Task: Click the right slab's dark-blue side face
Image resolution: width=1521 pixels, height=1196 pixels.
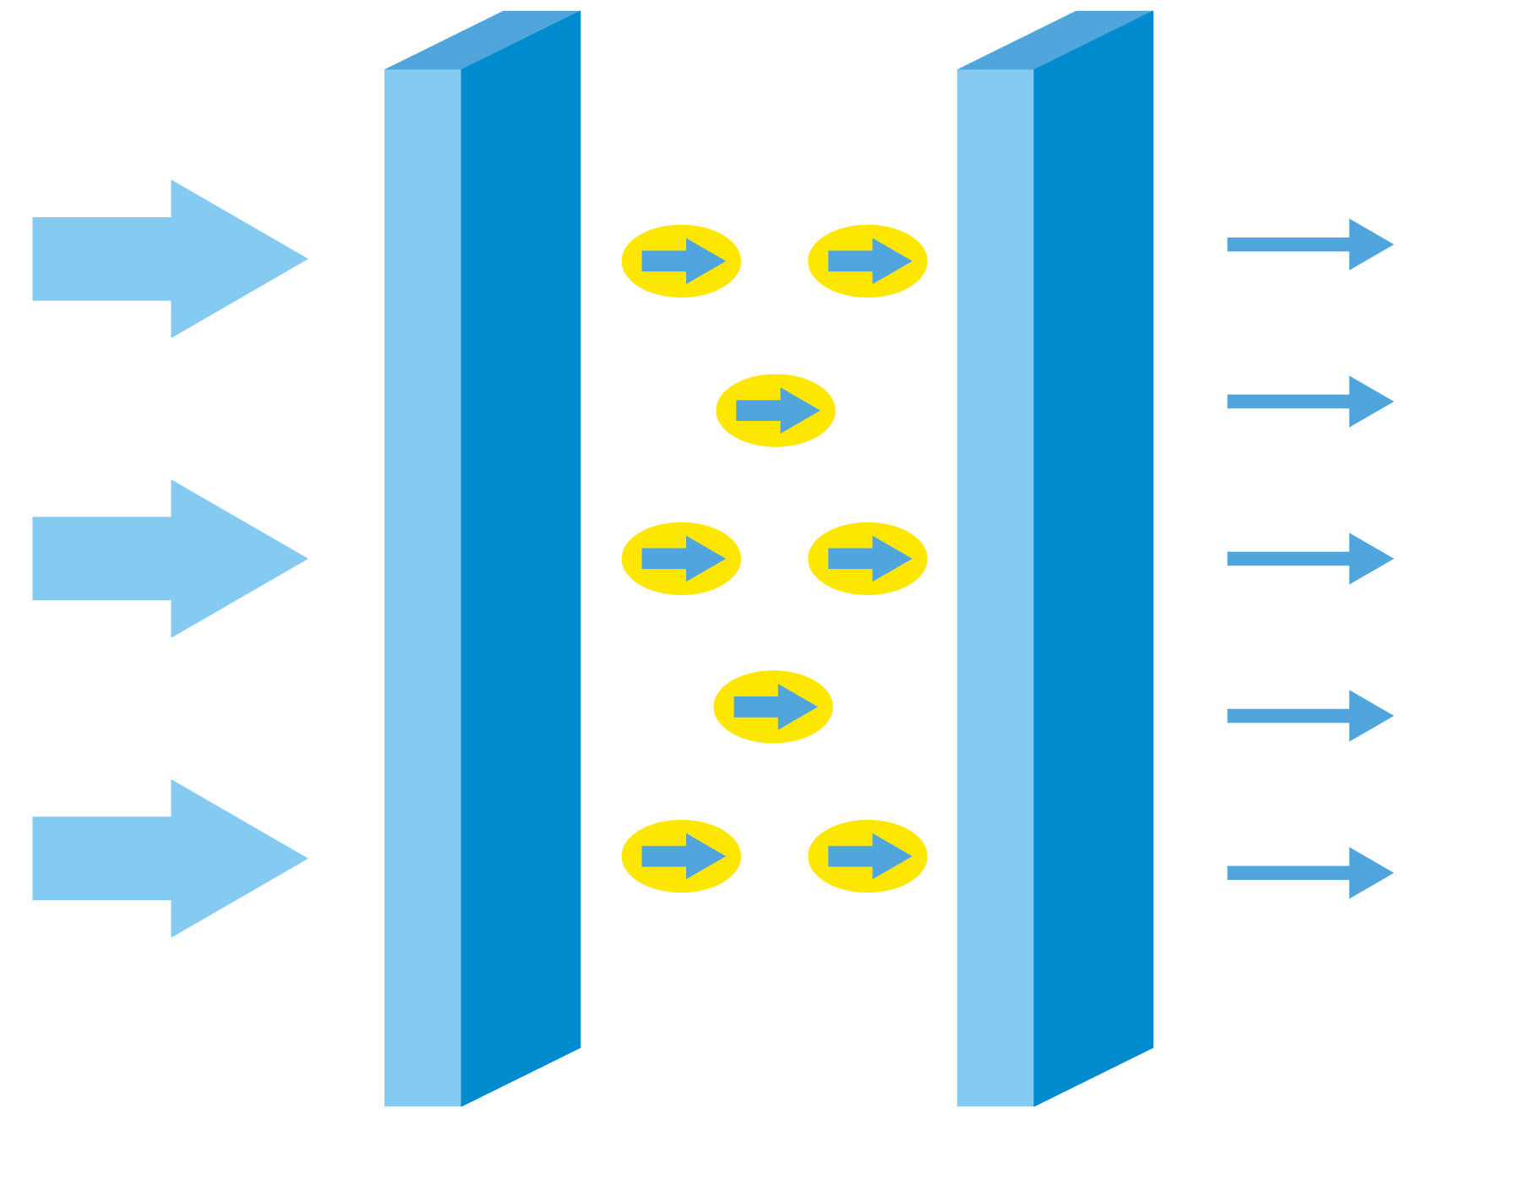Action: tap(1093, 558)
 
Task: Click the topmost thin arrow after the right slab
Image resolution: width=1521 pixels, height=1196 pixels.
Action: tap(1310, 244)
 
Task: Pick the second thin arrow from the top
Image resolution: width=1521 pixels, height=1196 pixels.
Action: tap(1310, 401)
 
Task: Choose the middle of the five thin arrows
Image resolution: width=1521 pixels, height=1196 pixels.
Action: tap(1310, 559)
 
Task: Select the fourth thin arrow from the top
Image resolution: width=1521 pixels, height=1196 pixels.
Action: tap(1310, 716)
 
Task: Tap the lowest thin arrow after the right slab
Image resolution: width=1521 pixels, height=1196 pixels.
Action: tap(1310, 873)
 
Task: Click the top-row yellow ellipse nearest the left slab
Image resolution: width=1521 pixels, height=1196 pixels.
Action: tap(681, 261)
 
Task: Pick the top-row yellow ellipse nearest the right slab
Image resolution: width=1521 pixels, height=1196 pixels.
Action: tap(868, 261)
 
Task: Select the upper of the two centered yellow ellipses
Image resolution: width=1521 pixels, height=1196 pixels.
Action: tap(776, 411)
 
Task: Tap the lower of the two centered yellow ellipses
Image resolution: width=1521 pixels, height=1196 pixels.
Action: tap(773, 707)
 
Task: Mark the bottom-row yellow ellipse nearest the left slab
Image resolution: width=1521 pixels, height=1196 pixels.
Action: tap(681, 856)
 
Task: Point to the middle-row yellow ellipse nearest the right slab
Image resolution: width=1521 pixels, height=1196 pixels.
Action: tap(868, 559)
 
